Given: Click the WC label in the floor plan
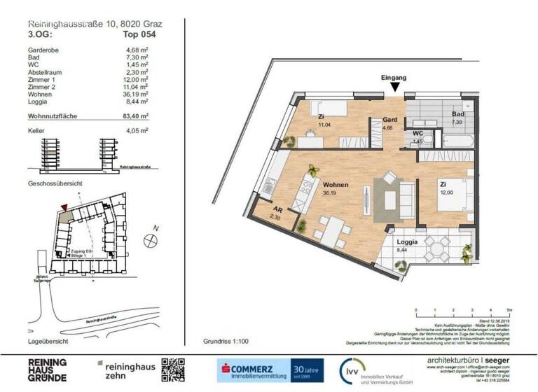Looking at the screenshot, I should pos(418,133).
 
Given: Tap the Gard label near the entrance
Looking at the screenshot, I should pos(389,120).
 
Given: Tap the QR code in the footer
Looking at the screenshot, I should pos(173,369).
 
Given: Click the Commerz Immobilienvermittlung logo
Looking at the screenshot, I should pos(255,369).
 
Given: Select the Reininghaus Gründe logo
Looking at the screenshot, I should pos(48,369).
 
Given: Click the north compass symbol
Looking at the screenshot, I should pos(150,240).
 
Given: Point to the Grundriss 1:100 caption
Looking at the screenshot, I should pos(226,341).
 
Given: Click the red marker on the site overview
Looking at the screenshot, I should pos(65,207).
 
